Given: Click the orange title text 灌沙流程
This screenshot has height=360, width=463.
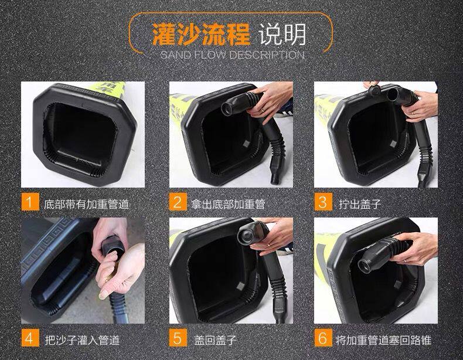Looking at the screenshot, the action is [x=202, y=34].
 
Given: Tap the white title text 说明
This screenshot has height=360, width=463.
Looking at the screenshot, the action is [x=282, y=34].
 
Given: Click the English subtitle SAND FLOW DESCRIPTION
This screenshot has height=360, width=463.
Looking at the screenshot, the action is [x=233, y=55].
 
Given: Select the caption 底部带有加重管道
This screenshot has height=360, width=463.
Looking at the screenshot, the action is [x=86, y=205].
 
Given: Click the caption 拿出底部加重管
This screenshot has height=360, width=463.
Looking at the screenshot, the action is [x=227, y=205].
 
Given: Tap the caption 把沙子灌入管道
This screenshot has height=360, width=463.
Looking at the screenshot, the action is [x=82, y=340].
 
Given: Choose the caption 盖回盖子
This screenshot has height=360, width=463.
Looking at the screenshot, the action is [x=215, y=340].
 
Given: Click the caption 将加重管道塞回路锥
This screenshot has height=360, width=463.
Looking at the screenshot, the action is [x=383, y=340].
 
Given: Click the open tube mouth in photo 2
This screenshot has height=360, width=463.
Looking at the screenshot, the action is [x=228, y=108].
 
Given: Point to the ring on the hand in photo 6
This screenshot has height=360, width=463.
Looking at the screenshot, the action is [x=405, y=261].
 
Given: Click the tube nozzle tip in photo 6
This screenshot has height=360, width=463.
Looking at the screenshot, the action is [x=365, y=265].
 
